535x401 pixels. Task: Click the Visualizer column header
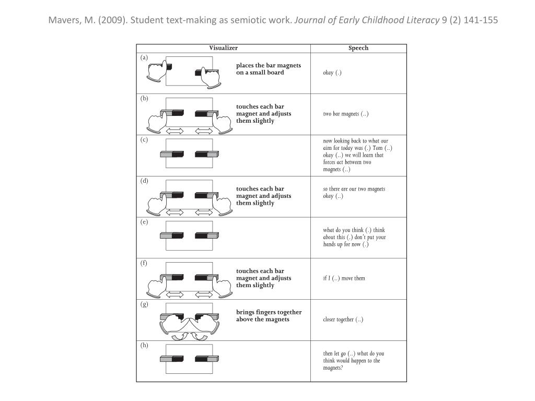tap(223, 48)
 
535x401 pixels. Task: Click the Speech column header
tap(358, 48)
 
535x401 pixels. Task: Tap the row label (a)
tap(144, 57)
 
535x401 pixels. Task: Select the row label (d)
tap(144, 181)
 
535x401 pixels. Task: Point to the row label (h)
tap(144, 345)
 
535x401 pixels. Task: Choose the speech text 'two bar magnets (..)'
tap(346, 114)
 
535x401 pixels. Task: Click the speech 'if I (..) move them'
tap(344, 278)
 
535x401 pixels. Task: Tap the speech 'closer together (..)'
tap(343, 320)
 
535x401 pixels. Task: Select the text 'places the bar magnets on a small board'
tap(268, 69)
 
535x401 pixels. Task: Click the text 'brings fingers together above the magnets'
tap(269, 316)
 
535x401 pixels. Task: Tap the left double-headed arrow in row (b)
tap(174, 131)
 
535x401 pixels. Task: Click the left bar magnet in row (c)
tap(172, 154)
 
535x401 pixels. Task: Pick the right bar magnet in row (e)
tap(207, 235)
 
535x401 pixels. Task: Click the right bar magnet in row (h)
tap(207, 359)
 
